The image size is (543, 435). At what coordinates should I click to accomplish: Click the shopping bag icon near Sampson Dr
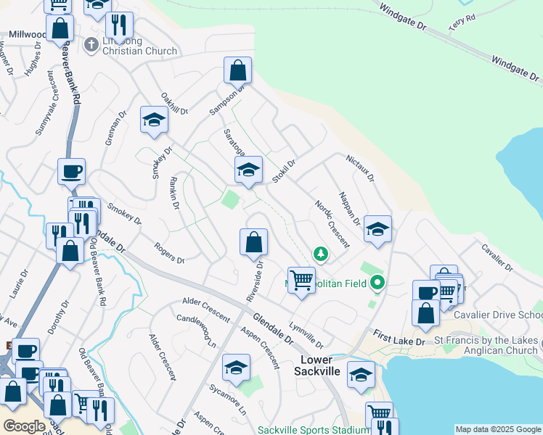point(237,70)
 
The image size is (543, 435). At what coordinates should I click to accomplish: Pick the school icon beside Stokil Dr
point(248,170)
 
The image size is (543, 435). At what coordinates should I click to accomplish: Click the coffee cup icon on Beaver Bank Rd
point(72,172)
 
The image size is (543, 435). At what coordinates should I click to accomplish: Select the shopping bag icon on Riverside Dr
point(253,242)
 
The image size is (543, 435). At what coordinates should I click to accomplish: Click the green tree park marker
point(320,254)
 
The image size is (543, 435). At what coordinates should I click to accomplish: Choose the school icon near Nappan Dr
point(377,229)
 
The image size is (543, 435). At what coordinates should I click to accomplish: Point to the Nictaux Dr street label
point(359,167)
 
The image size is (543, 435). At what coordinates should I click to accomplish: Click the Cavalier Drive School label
point(498,315)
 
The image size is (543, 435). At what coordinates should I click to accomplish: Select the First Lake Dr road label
point(399,336)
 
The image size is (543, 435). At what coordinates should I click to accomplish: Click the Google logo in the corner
point(24,426)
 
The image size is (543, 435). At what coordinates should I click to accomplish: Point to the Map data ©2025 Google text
point(498,429)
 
